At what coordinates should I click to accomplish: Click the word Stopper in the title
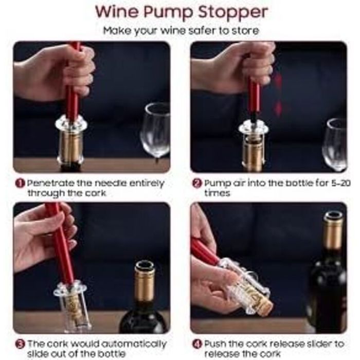[x=232, y=12]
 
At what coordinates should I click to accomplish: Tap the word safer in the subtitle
[x=202, y=30]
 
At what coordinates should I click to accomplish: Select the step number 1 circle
[x=20, y=183]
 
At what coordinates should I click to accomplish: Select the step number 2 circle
[x=197, y=183]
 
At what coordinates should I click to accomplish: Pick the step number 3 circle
[x=20, y=344]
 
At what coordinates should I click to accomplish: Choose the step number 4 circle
[x=197, y=344]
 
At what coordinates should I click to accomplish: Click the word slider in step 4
[x=320, y=344]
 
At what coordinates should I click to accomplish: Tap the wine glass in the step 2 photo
[x=335, y=145]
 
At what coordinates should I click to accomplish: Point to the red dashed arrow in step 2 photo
[x=278, y=95]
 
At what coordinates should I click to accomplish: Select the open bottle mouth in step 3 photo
[x=145, y=266]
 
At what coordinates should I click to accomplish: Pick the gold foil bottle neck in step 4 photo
[x=332, y=234]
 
